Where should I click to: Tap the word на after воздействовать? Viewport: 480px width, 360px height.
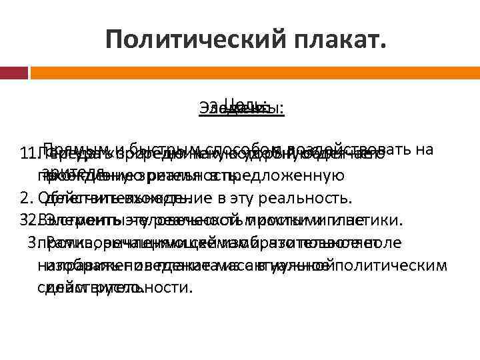pos(425,149)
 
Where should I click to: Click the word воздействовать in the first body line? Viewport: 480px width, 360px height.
pos(346,149)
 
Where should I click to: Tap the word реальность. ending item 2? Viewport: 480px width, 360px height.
pos(313,198)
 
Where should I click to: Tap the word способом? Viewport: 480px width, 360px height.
pos(237,149)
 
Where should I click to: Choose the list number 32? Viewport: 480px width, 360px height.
pos(27,220)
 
